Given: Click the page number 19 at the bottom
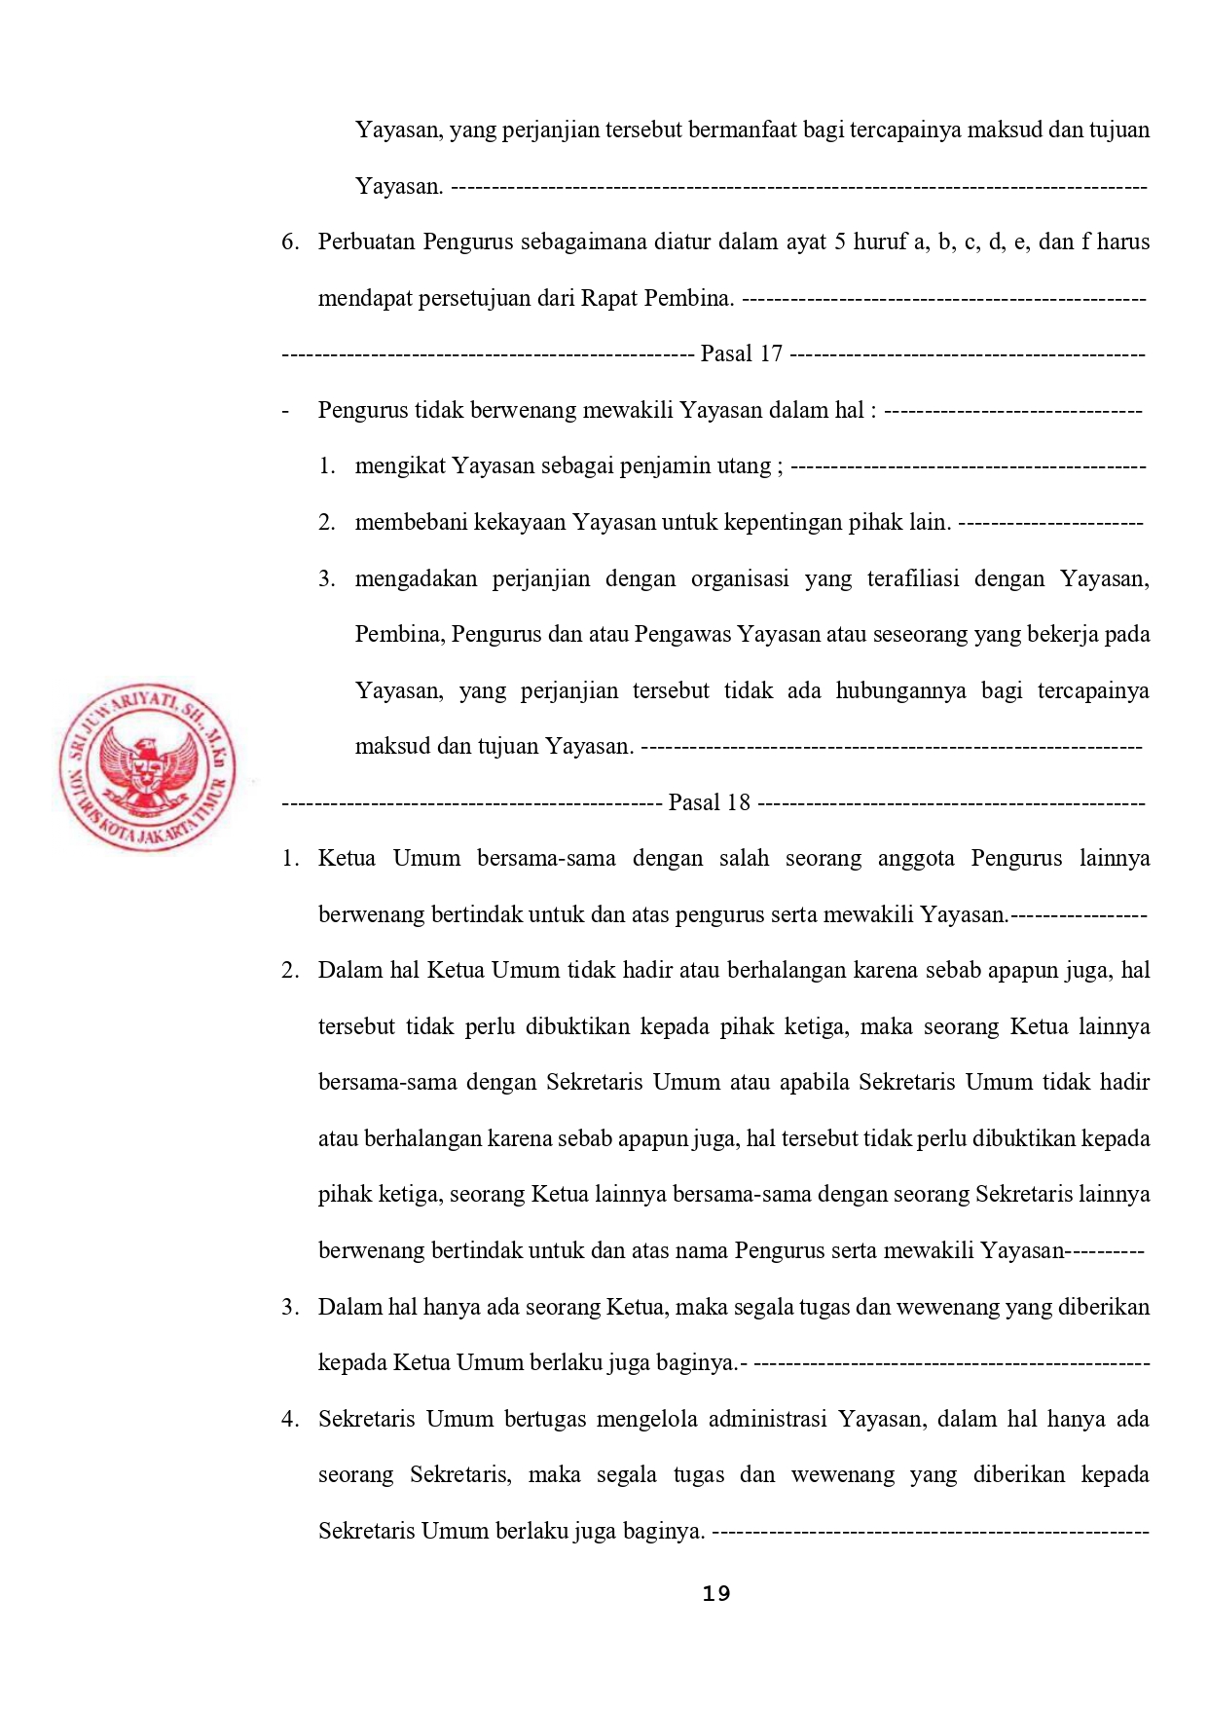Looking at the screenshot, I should pos(716,1593).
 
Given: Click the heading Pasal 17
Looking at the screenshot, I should pos(741,353).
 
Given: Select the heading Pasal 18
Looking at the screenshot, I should pos(710,802).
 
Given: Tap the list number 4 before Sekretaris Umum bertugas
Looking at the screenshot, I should pos(289,1419).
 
